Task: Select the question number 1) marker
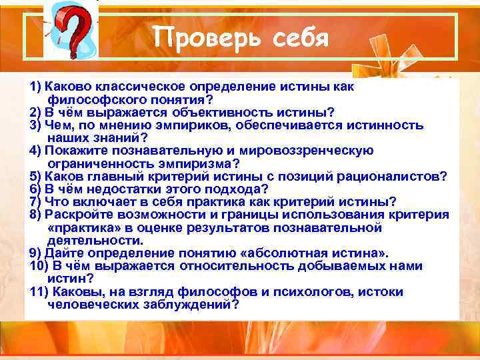click(x=35, y=88)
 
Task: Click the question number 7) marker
click(x=35, y=201)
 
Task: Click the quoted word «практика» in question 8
click(x=84, y=227)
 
